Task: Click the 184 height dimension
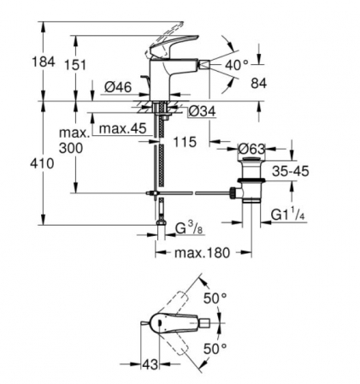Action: tap(44, 62)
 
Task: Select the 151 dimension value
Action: tap(75, 65)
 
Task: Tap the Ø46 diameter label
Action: tap(118, 87)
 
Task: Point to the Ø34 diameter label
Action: tap(202, 111)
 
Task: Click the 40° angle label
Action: tap(237, 65)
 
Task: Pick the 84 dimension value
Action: tap(259, 83)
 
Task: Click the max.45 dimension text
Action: tap(122, 128)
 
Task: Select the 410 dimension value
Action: tap(42, 163)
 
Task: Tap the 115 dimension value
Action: tap(185, 142)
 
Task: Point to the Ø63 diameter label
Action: tap(251, 149)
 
